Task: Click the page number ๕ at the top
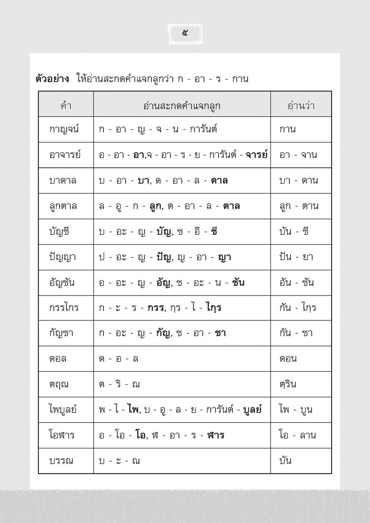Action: [185, 33]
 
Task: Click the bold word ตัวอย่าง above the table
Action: [52, 79]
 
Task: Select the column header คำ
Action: [66, 106]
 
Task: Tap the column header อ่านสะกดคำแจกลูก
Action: [182, 106]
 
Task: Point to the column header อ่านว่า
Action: [301, 106]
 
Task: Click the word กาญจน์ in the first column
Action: [64, 130]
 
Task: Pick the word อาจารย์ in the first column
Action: [65, 155]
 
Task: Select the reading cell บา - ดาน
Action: [298, 181]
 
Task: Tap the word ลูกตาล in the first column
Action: [63, 206]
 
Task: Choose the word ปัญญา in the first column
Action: [62, 257]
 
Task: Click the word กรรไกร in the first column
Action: [64, 308]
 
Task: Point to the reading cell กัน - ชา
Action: [296, 333]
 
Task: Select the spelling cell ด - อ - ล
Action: [119, 359]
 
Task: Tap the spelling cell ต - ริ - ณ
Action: [119, 384]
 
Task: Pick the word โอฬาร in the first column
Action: [62, 435]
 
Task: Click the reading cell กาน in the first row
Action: [287, 130]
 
